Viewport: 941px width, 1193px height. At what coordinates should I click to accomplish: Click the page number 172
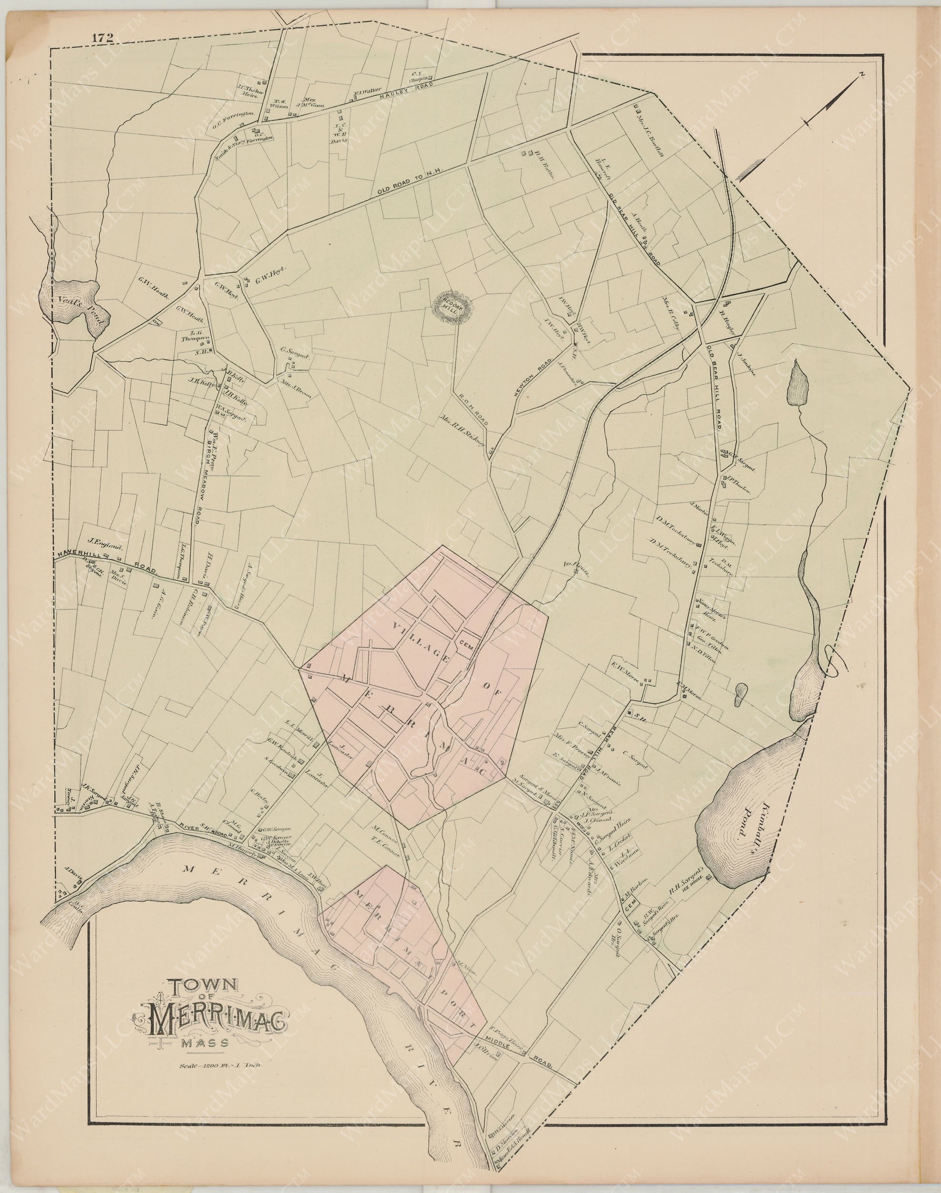coord(103,38)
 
